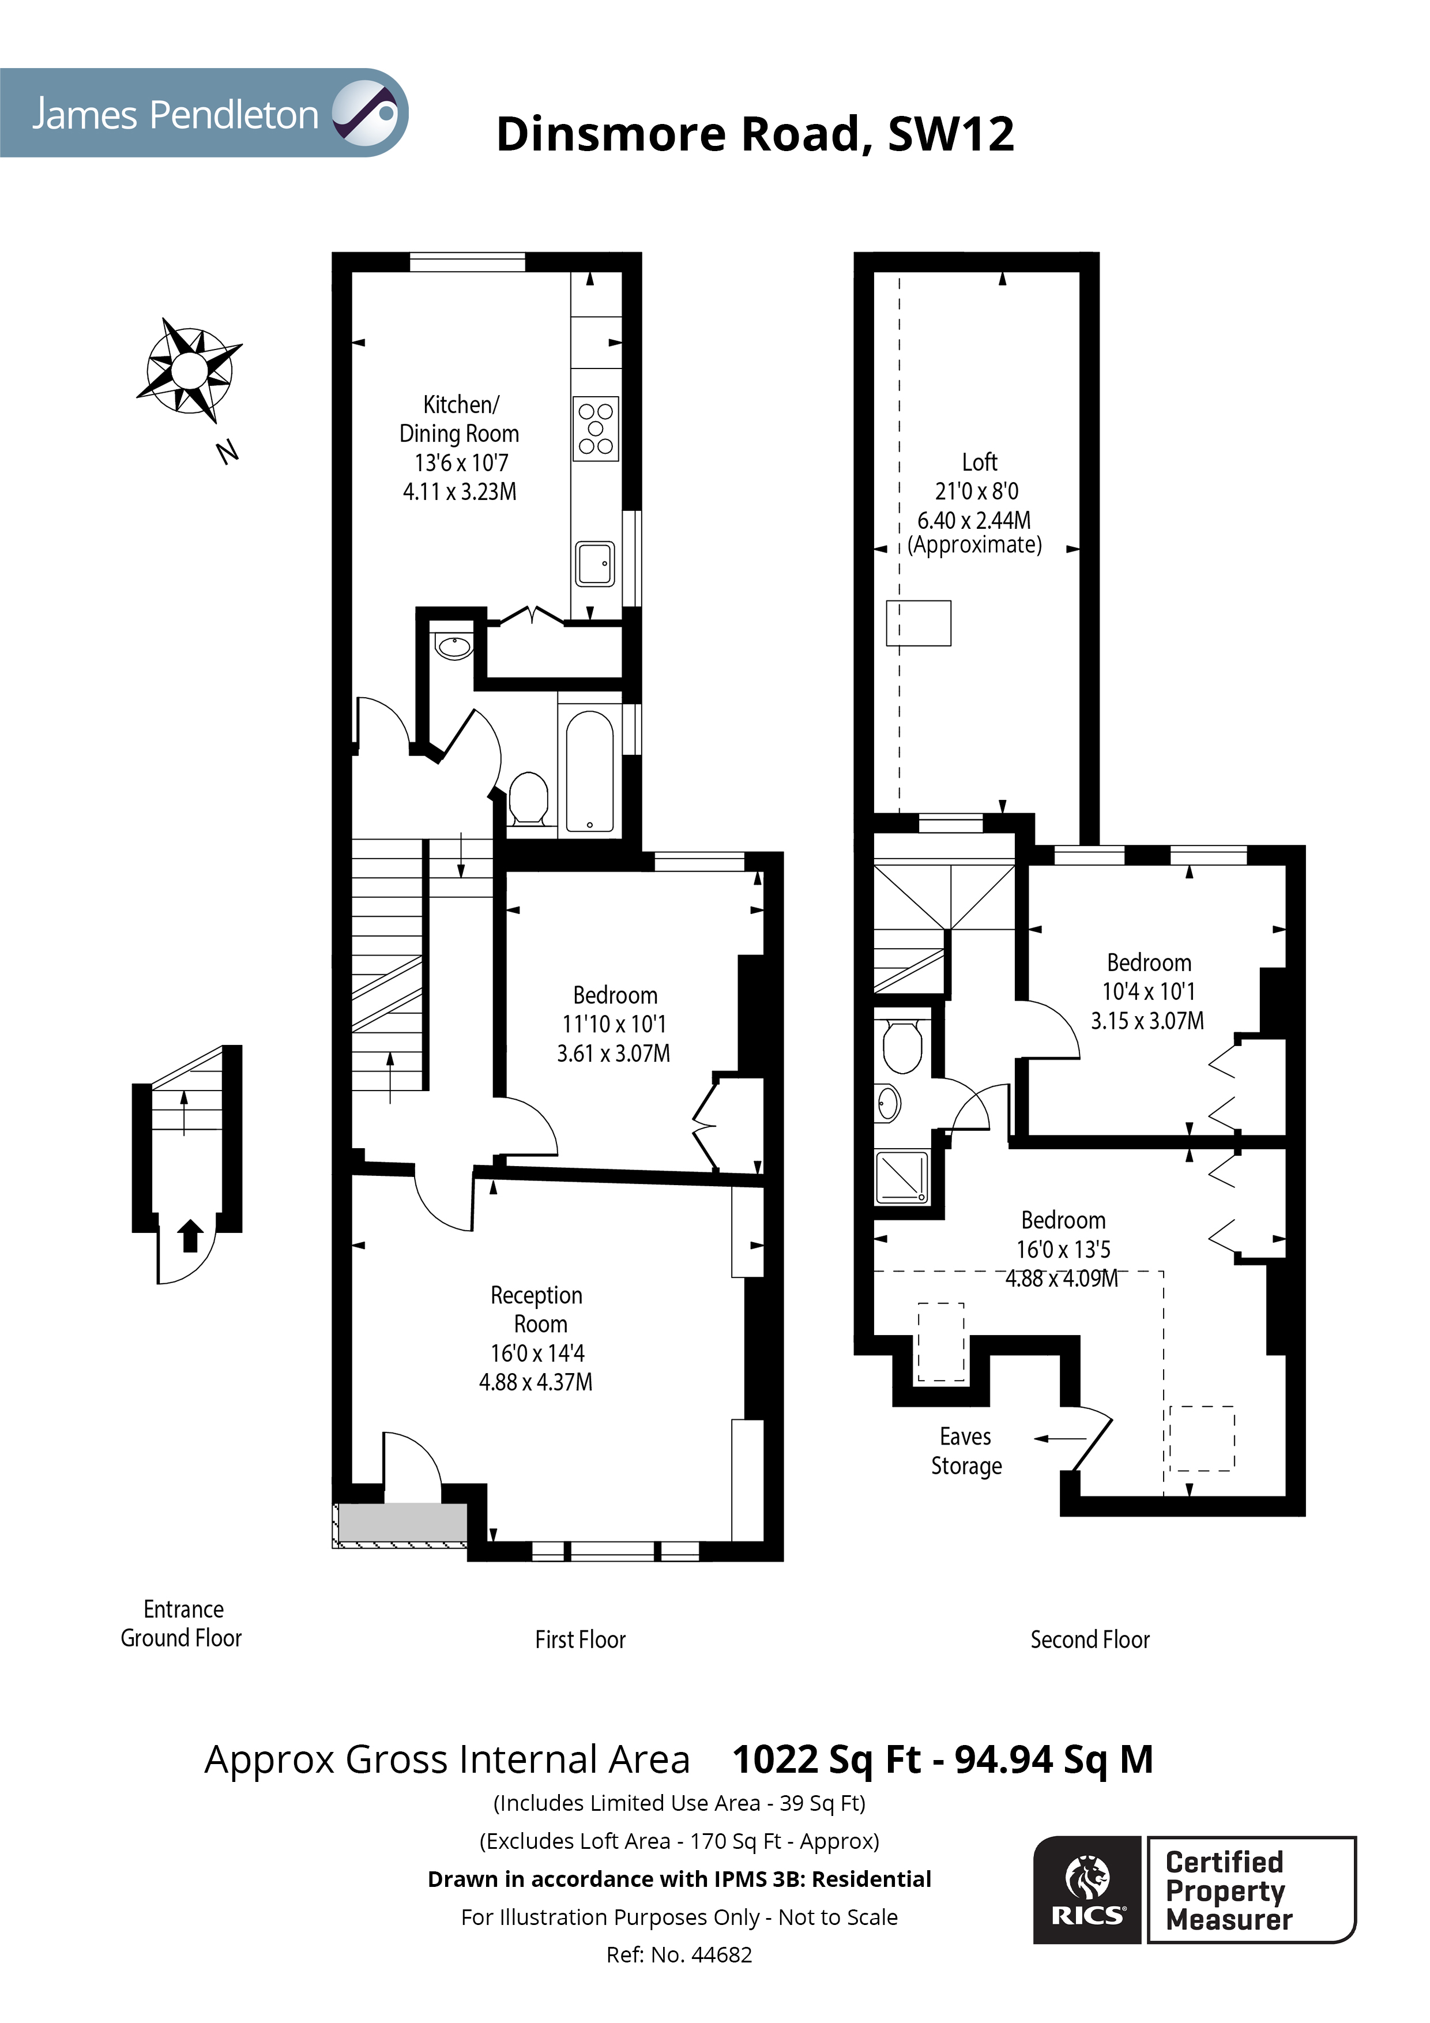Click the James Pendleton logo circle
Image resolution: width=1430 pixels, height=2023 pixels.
(x=365, y=113)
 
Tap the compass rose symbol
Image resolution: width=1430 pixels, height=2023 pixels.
(x=190, y=369)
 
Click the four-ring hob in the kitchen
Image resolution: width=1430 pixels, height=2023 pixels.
(x=596, y=429)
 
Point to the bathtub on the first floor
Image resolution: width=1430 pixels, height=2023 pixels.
(x=589, y=772)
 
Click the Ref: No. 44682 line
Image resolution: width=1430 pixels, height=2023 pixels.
(x=679, y=1955)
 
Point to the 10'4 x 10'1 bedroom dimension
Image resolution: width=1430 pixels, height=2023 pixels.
(x=1148, y=991)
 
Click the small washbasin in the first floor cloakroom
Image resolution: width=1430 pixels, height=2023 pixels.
(x=454, y=648)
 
